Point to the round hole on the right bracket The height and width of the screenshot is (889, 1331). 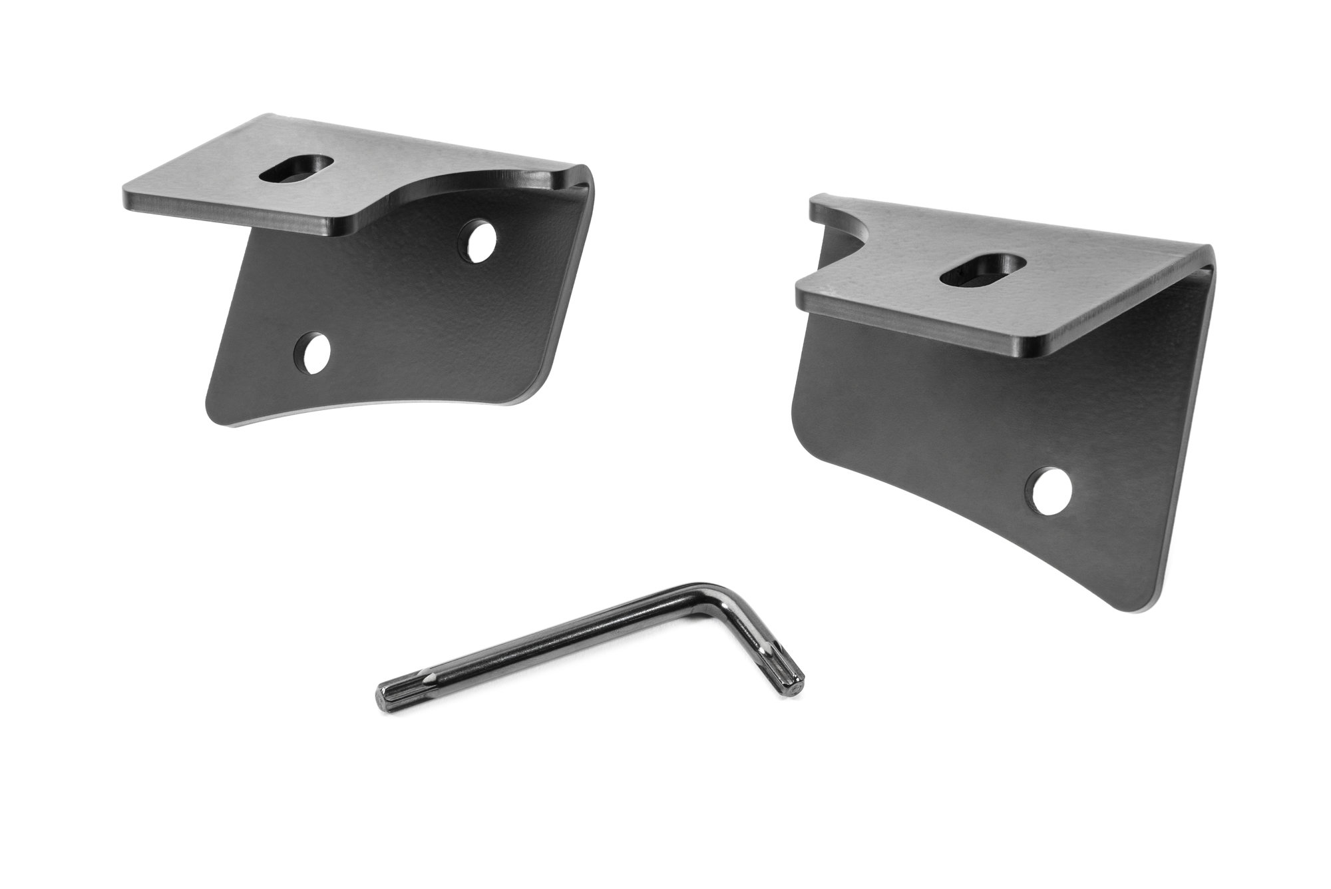[1052, 489]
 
